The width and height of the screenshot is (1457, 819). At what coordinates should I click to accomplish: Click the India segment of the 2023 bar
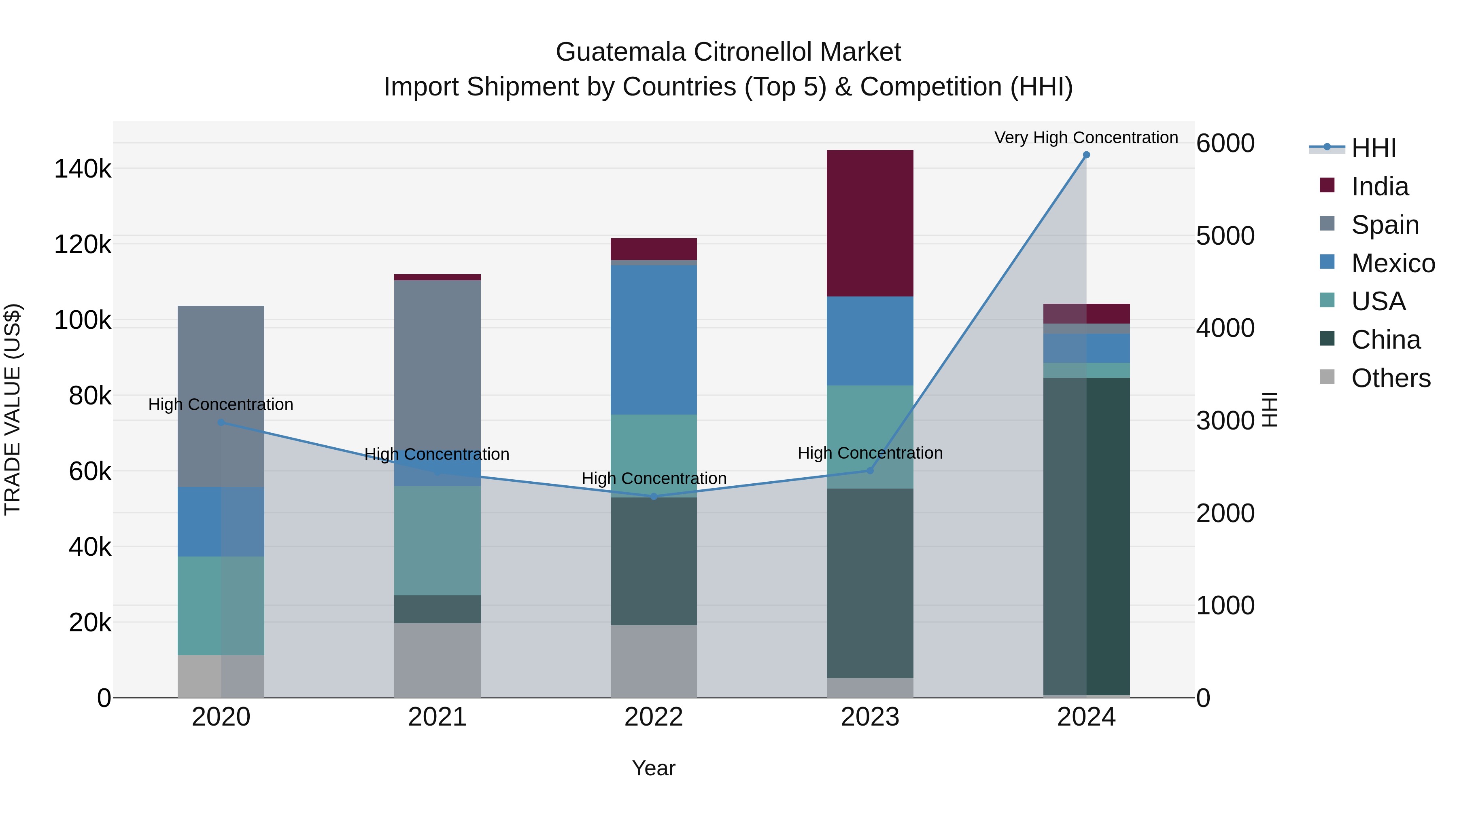click(870, 223)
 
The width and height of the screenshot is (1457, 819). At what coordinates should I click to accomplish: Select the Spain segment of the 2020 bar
click(221, 396)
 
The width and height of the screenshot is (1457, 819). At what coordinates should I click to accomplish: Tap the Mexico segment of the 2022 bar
click(653, 339)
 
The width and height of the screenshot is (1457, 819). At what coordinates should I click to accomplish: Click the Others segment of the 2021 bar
click(437, 660)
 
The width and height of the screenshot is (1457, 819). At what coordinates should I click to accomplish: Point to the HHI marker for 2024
click(1086, 155)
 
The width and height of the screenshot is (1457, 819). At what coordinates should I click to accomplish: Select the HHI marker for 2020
click(221, 422)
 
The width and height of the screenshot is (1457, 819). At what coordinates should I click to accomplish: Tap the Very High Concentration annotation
click(1086, 138)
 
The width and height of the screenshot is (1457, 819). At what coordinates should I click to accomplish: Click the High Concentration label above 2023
click(870, 453)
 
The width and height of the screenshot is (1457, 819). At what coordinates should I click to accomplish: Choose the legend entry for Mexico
click(1393, 263)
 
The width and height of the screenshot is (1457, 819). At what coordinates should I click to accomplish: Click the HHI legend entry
click(1373, 148)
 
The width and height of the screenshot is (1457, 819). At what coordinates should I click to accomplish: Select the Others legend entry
click(1390, 378)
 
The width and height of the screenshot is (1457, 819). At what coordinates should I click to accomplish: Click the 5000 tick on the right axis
click(1225, 236)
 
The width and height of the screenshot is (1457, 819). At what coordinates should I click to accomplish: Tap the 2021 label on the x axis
click(437, 717)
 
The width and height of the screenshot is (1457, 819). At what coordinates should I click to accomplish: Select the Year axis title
click(653, 768)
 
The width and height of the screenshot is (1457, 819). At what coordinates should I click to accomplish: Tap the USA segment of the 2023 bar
click(870, 436)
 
